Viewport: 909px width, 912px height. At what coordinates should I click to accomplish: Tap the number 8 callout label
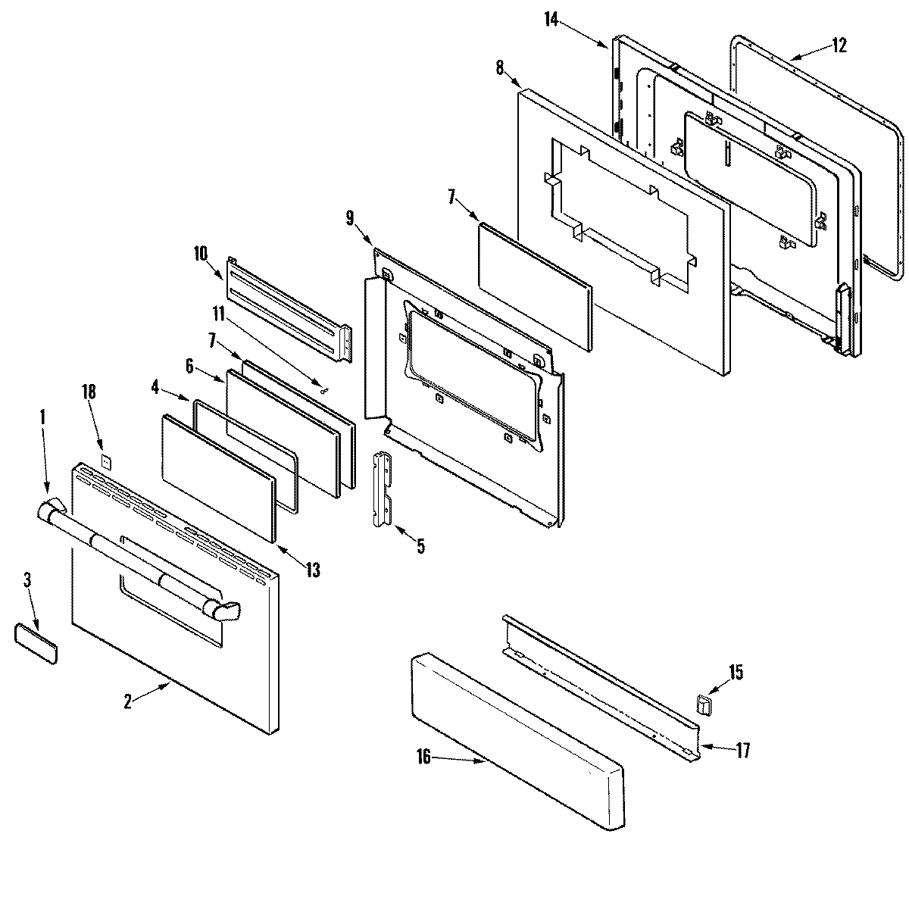500,67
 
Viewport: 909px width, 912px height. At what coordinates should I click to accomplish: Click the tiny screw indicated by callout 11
325,391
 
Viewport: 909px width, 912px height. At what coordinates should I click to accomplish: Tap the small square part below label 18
107,460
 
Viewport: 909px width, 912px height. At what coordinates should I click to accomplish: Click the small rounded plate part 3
36,634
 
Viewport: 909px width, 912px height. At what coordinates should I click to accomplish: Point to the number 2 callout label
129,701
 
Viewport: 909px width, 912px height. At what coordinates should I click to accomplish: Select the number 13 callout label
313,570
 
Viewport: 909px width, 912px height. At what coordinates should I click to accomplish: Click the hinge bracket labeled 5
385,489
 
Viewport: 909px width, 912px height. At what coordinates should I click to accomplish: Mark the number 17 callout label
742,750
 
